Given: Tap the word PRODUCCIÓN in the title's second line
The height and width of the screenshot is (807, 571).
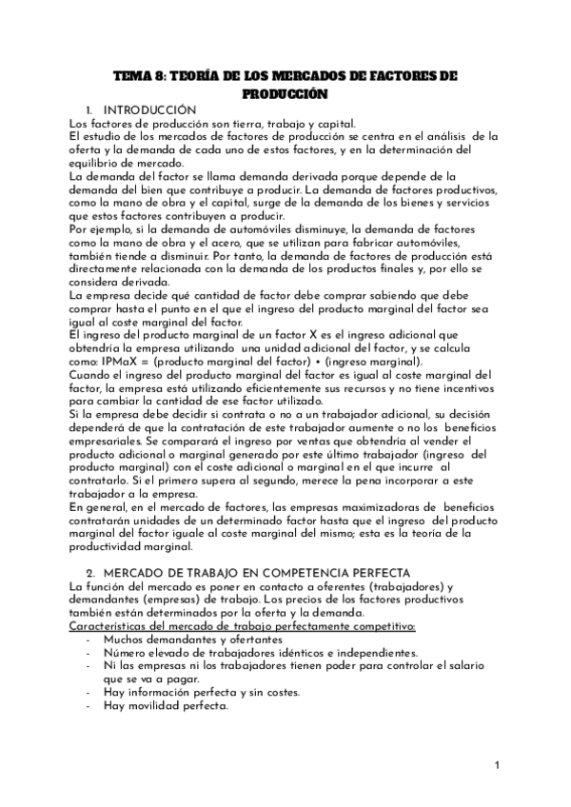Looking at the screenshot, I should (285, 93).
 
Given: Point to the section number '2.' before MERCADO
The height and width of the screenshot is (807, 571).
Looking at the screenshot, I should (89, 573).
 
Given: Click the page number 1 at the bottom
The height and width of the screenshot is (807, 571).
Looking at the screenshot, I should (498, 766).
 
